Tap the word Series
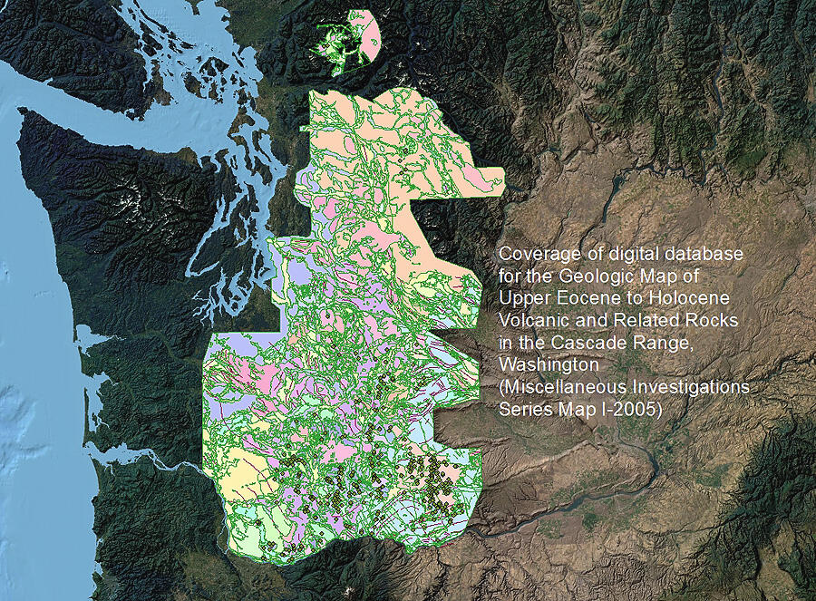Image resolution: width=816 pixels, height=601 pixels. tap(523, 409)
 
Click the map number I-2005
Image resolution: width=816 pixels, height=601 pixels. tap(629, 409)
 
